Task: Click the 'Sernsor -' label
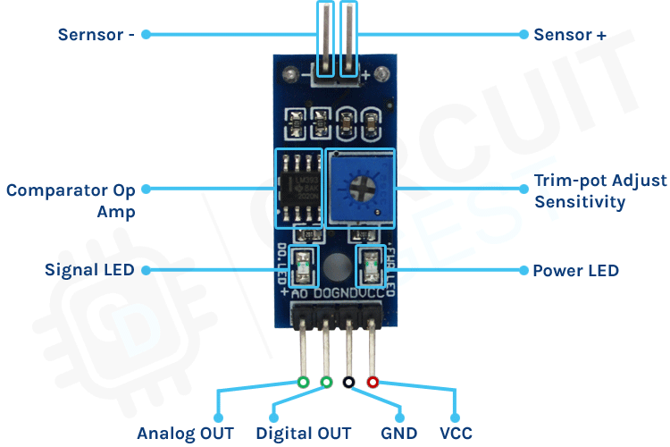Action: coord(96,35)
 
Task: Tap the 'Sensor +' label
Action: coord(570,35)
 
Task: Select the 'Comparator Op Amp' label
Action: coord(71,200)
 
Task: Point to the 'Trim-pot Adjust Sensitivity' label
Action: coord(600,190)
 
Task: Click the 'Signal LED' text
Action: coord(89,269)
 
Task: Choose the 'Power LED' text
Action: coord(575,270)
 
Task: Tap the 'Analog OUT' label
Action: coord(185,434)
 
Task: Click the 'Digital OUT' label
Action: coord(304,434)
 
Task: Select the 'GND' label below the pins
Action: coord(398,434)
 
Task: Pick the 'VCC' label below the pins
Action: coord(456,434)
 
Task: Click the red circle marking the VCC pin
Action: coord(373,382)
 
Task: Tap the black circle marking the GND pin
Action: coord(349,382)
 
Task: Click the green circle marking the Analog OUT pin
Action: coord(304,382)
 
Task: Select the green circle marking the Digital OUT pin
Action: coord(326,382)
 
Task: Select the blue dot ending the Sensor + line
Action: coord(523,35)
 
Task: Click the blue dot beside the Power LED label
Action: coord(523,269)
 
